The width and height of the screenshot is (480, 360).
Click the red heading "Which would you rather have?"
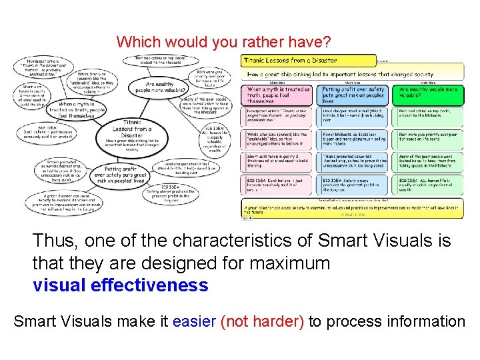click(223, 43)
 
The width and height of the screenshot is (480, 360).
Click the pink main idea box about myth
click(278, 93)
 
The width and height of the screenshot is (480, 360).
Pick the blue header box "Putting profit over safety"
click(353, 93)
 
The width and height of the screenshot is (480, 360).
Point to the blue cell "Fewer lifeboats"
click(353, 139)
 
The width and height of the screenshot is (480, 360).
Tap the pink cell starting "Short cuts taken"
click(278, 161)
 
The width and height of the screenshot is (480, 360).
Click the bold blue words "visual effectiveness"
click(120, 285)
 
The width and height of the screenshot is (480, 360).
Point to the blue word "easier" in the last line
click(193, 322)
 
